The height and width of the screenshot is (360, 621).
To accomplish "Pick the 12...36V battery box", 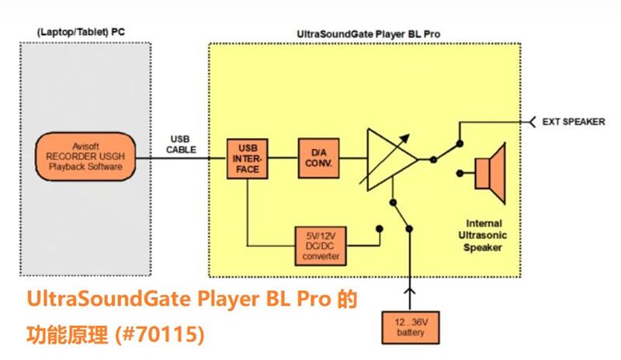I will coord(409,326).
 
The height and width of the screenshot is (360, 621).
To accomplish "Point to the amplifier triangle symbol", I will coord(389,158).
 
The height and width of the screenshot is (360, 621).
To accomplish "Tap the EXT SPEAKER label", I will coord(574,122).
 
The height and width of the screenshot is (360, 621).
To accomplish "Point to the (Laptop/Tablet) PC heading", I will coord(81,32).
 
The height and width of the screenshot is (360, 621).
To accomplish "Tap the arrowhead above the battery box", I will coord(409,292).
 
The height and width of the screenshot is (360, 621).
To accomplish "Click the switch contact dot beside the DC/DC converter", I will coord(380,229).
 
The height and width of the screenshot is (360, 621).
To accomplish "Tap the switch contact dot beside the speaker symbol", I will coord(461,172).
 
